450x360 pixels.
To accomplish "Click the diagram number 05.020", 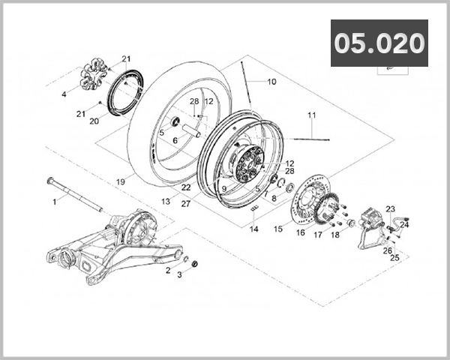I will (379, 43).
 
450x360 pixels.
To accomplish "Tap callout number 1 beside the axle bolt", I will (54, 201).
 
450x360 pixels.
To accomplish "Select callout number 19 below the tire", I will (120, 181).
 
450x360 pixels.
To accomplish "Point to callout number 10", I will (271, 81).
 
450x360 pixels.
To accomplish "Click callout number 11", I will (312, 115).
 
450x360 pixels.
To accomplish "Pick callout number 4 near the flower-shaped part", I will (64, 94).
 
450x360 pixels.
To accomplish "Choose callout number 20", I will (94, 121).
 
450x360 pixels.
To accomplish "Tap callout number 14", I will (254, 229).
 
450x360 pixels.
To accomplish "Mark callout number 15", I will (278, 229).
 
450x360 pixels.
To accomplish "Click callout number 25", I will (394, 257).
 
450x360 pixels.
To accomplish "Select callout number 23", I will (390, 209).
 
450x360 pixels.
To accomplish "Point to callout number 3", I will (179, 275).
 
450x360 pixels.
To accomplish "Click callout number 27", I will (186, 203).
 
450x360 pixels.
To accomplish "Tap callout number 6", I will (175, 140).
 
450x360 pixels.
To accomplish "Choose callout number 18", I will (335, 235).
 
